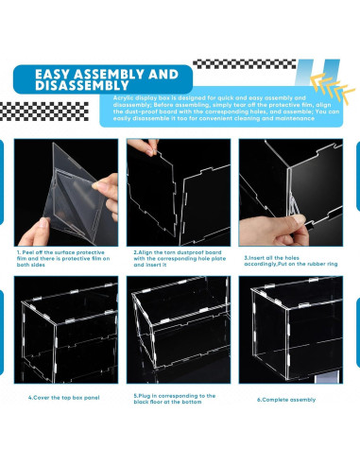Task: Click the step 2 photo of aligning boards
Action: [x=178, y=192]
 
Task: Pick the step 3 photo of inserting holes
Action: [x=289, y=192]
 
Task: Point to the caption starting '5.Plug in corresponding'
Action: [x=175, y=399]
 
